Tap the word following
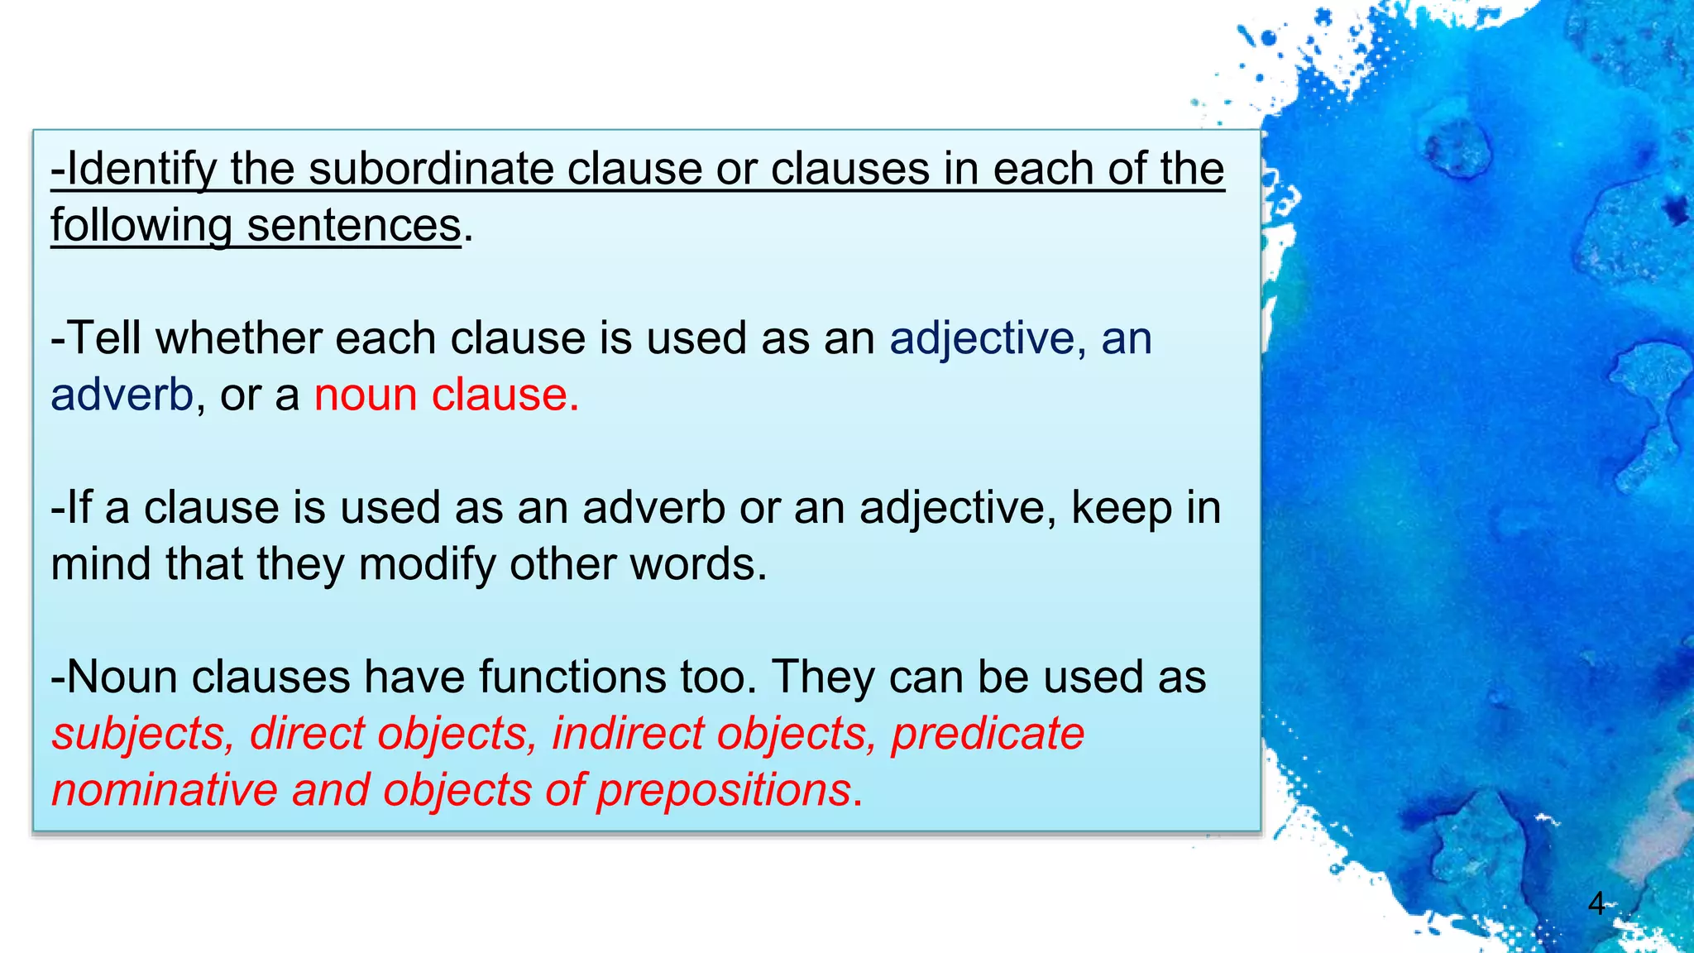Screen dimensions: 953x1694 click(141, 226)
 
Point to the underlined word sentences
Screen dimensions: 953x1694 click(353, 226)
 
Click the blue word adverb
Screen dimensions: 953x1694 click(122, 395)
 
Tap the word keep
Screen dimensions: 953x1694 click(1121, 508)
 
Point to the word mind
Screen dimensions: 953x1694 click(101, 564)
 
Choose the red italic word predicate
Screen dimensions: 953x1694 click(988, 734)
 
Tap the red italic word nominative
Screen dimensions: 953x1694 click(165, 790)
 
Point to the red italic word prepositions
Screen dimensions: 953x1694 click(725, 790)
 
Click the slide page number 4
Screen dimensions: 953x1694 click(1596, 903)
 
